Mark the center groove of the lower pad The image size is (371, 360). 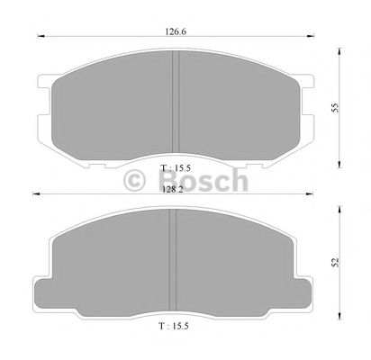[176, 261]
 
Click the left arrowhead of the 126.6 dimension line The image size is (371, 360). [37, 38]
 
